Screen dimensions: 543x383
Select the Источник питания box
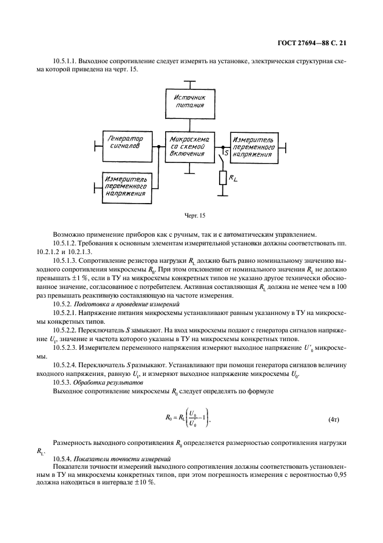pyautogui.click(x=191, y=104)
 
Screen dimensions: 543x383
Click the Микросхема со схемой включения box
pyautogui.click(x=191, y=146)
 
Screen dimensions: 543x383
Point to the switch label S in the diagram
pyautogui.click(x=218, y=153)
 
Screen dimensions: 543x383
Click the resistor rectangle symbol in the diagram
pyautogui.click(x=222, y=177)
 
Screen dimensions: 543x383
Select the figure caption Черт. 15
pyautogui.click(x=191, y=216)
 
